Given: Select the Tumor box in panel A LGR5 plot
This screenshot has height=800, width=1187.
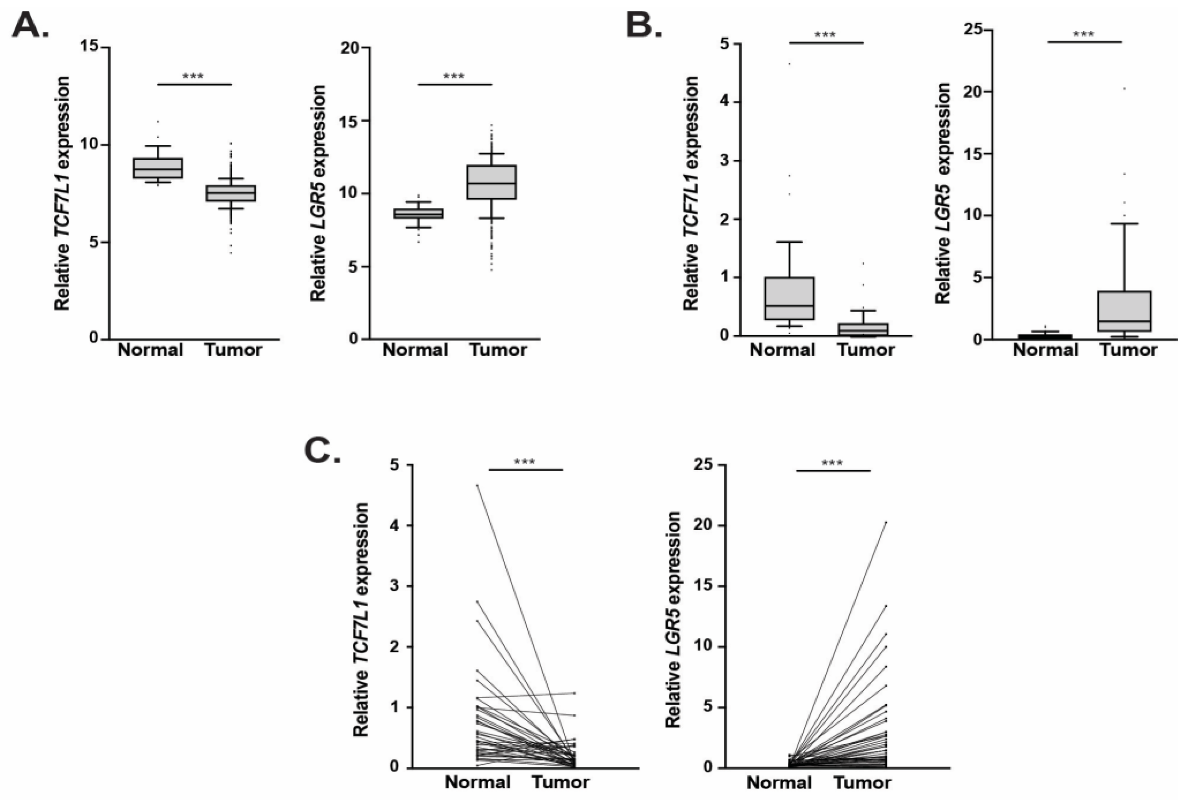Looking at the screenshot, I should click(491, 182).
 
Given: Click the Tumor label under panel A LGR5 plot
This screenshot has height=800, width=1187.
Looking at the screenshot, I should click(498, 350).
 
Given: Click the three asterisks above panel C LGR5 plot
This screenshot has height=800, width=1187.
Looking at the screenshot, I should click(832, 463).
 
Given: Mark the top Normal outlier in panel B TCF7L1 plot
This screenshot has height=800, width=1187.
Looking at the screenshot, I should click(789, 64).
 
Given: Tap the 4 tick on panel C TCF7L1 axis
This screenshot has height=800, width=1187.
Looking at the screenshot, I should click(394, 525).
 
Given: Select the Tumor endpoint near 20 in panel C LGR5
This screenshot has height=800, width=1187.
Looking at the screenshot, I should click(886, 522).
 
